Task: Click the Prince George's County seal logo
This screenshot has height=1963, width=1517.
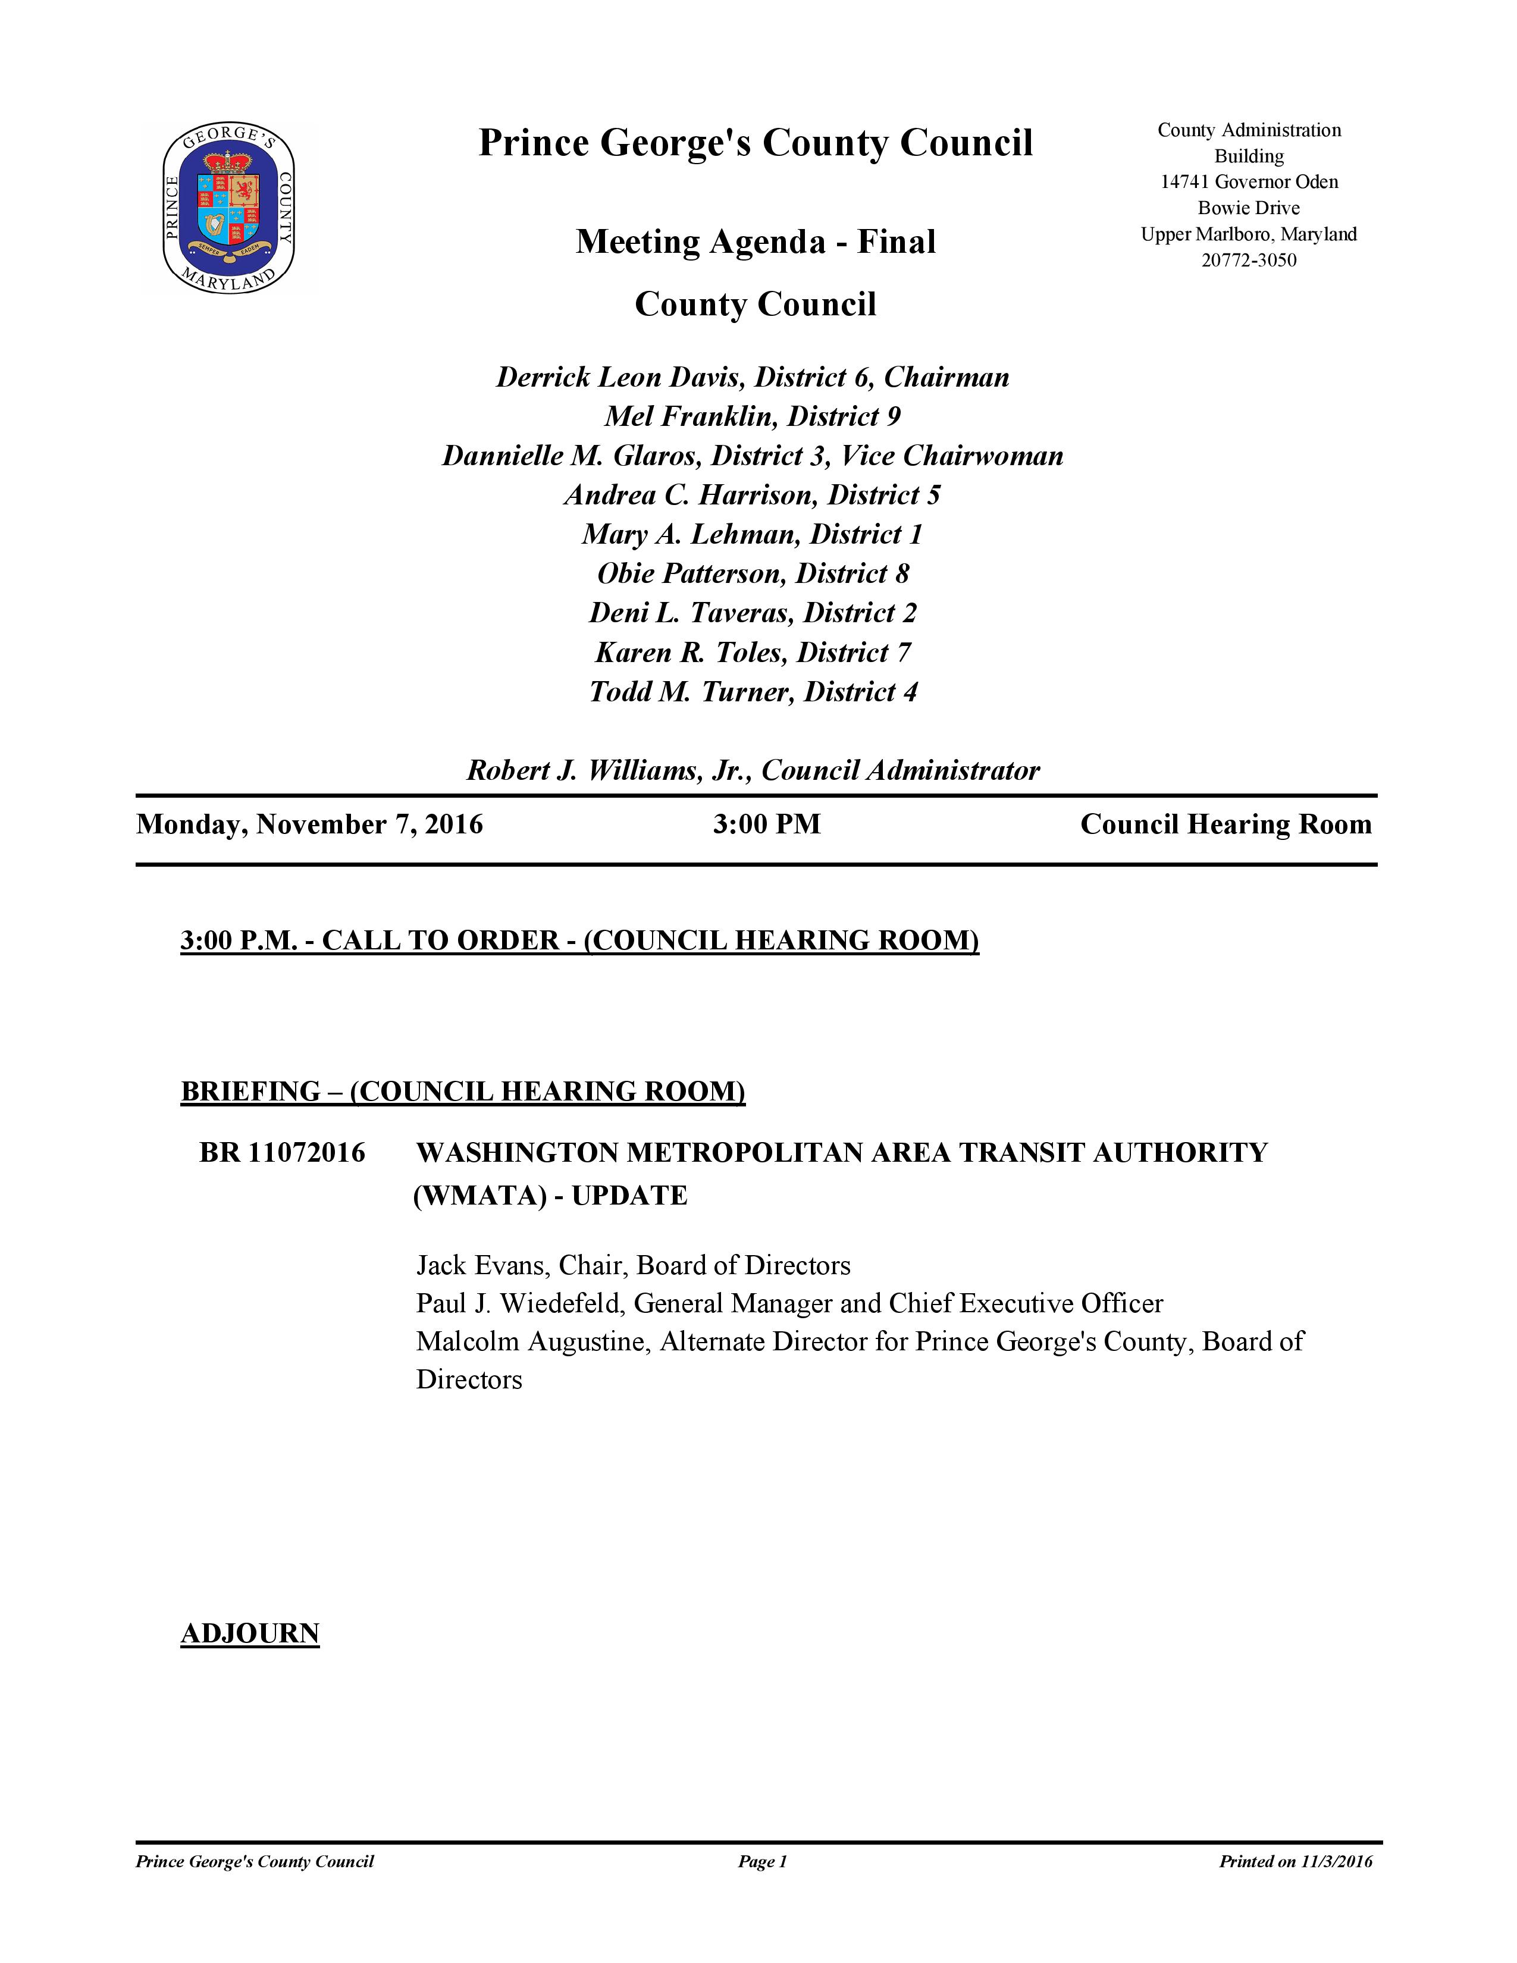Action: tap(228, 209)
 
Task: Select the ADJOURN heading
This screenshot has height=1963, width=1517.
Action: tap(250, 1633)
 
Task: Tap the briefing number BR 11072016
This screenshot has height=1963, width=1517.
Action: tap(282, 1152)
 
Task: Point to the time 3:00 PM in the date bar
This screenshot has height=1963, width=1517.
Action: tap(767, 824)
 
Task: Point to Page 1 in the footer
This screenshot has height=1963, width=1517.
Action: tap(762, 1861)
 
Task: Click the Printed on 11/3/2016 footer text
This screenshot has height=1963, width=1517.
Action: tap(1295, 1861)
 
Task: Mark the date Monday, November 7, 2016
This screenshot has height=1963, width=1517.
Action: tap(309, 824)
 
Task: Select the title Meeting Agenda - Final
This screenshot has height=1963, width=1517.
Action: tap(755, 242)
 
